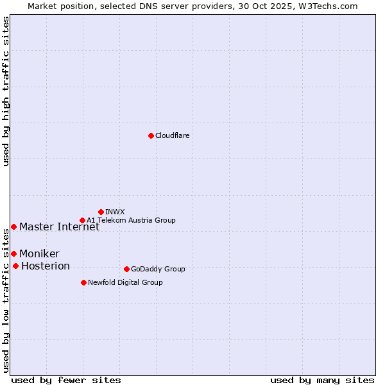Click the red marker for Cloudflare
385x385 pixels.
(x=151, y=135)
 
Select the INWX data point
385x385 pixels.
(x=101, y=212)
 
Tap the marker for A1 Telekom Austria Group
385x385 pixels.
(x=82, y=220)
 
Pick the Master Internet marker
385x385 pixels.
(x=13, y=227)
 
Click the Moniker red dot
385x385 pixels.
(x=13, y=253)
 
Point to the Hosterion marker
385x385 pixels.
(x=15, y=266)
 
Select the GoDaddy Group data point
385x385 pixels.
(x=126, y=269)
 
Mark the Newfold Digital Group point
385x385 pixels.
(x=83, y=282)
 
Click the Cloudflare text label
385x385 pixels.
(x=172, y=135)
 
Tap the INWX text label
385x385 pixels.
(x=115, y=212)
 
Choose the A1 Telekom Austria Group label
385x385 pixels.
(x=131, y=220)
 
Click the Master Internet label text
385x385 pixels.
(x=59, y=227)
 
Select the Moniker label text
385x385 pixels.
(x=39, y=253)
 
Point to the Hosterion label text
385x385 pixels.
(x=46, y=266)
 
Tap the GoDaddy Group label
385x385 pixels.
(x=158, y=269)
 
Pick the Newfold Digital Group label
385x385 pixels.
(x=125, y=282)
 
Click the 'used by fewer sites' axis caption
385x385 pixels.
(x=66, y=380)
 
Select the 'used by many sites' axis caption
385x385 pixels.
(x=322, y=380)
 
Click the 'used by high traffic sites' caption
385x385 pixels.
(x=6, y=92)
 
